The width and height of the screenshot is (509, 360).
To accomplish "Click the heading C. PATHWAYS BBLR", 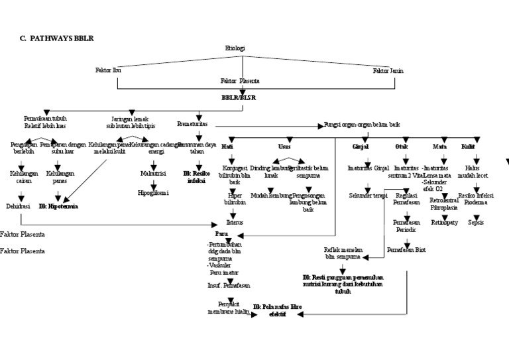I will [57, 38].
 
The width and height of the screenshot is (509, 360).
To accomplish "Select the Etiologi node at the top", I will [236, 48].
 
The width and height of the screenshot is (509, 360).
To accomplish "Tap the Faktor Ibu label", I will [108, 70].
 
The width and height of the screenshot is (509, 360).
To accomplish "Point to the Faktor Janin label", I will [388, 70].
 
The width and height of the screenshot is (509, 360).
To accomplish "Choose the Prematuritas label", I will [193, 124].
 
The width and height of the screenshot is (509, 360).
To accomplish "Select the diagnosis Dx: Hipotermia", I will [58, 207].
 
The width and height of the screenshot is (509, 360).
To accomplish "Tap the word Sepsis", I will [475, 222].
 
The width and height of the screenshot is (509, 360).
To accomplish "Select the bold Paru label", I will [221, 235].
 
